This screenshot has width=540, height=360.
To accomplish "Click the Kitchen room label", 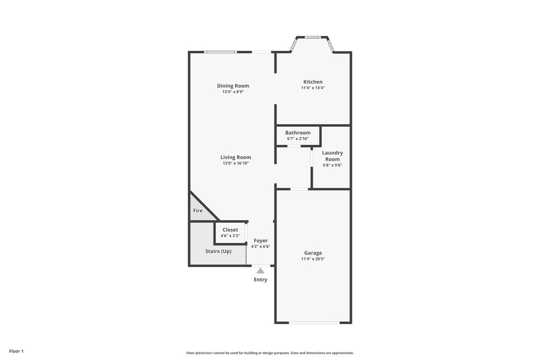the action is click(x=313, y=82).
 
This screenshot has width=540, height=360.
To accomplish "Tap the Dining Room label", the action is click(x=233, y=86).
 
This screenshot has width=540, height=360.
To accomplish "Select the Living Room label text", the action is click(x=236, y=158).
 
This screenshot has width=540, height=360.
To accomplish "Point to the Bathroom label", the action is click(x=298, y=133).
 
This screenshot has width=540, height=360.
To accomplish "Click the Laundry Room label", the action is click(x=332, y=156).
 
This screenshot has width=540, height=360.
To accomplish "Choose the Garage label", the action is click(x=313, y=253).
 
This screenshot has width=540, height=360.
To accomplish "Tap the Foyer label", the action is click(x=261, y=241).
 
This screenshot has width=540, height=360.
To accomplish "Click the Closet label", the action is click(x=230, y=230).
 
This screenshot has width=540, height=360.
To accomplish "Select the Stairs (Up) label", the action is click(x=218, y=251).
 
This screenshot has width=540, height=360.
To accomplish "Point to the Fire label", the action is click(x=198, y=210).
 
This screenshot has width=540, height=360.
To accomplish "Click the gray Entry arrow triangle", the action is click(x=261, y=271).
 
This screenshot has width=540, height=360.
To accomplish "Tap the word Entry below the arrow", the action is click(x=261, y=279).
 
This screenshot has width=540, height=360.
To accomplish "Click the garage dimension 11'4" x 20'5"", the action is click(x=313, y=259).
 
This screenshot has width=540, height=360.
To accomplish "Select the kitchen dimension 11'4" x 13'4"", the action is click(x=313, y=88).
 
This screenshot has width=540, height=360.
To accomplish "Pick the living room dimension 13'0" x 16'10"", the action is click(x=236, y=163).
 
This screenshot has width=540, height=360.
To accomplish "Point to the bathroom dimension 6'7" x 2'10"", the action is click(x=298, y=139).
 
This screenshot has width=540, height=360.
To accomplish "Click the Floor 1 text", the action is click(x=16, y=352).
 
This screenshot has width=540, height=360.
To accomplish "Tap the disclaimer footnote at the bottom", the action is click(x=270, y=353).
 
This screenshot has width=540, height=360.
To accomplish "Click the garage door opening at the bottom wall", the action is click(x=314, y=323).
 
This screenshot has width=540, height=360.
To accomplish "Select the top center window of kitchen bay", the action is click(x=313, y=37).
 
